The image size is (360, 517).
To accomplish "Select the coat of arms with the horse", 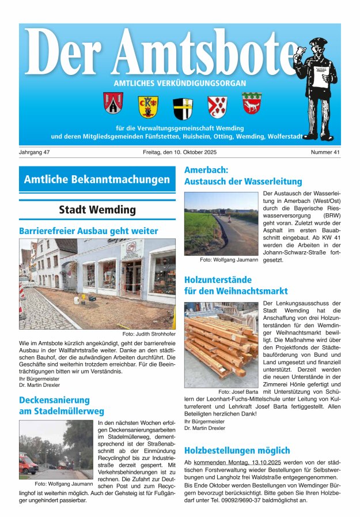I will [252, 104].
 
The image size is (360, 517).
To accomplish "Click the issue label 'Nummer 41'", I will [325, 152].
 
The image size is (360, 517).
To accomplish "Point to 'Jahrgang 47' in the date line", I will [35, 152].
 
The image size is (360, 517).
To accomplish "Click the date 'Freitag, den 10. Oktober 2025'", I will [180, 152].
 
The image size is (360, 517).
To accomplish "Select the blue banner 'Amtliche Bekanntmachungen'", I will [97, 179].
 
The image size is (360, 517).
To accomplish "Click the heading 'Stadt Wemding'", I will [97, 210].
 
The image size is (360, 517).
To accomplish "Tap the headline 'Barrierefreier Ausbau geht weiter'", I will [88, 231].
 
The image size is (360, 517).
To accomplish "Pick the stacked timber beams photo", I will [221, 344].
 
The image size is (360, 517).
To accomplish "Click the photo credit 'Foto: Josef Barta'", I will [237, 392].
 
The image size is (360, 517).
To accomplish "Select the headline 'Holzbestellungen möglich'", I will [237, 450].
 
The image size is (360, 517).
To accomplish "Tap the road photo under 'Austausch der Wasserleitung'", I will [221, 224].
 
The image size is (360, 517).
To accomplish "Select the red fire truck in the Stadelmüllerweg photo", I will [27, 463].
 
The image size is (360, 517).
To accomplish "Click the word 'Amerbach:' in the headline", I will [206, 170].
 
